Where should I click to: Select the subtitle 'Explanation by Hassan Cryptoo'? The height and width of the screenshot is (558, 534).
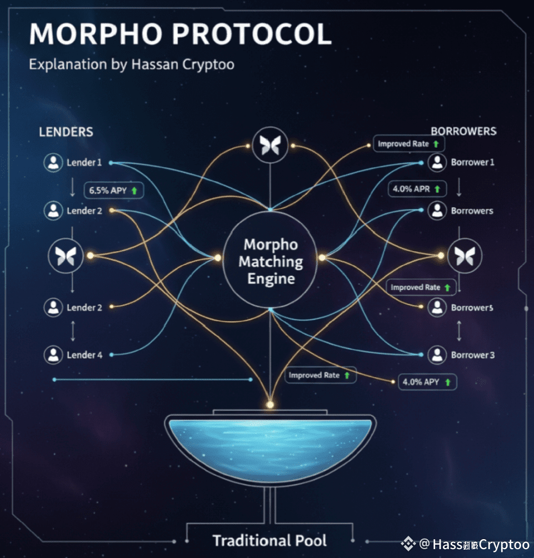tap(131, 64)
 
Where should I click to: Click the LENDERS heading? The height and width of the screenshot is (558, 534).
tap(66, 132)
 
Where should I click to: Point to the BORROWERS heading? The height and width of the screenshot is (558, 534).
tap(463, 131)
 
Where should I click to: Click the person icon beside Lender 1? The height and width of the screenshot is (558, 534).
tap(53, 163)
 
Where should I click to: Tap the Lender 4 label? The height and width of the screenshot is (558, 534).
tap(84, 355)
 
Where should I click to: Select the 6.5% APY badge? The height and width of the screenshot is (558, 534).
tap(114, 191)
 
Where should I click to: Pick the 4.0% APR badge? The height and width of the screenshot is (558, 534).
tap(417, 189)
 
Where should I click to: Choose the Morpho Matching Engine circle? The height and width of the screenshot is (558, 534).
tap(271, 261)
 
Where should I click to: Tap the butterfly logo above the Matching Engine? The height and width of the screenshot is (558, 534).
tap(270, 145)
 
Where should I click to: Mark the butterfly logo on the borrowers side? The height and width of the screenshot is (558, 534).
tap(465, 256)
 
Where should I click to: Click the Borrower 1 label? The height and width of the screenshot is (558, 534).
tap(472, 162)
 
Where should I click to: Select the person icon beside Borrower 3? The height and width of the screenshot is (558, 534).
tap(437, 355)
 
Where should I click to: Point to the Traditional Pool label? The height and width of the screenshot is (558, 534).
tap(270, 540)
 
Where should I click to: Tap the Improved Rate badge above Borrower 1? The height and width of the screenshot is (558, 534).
tap(408, 144)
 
